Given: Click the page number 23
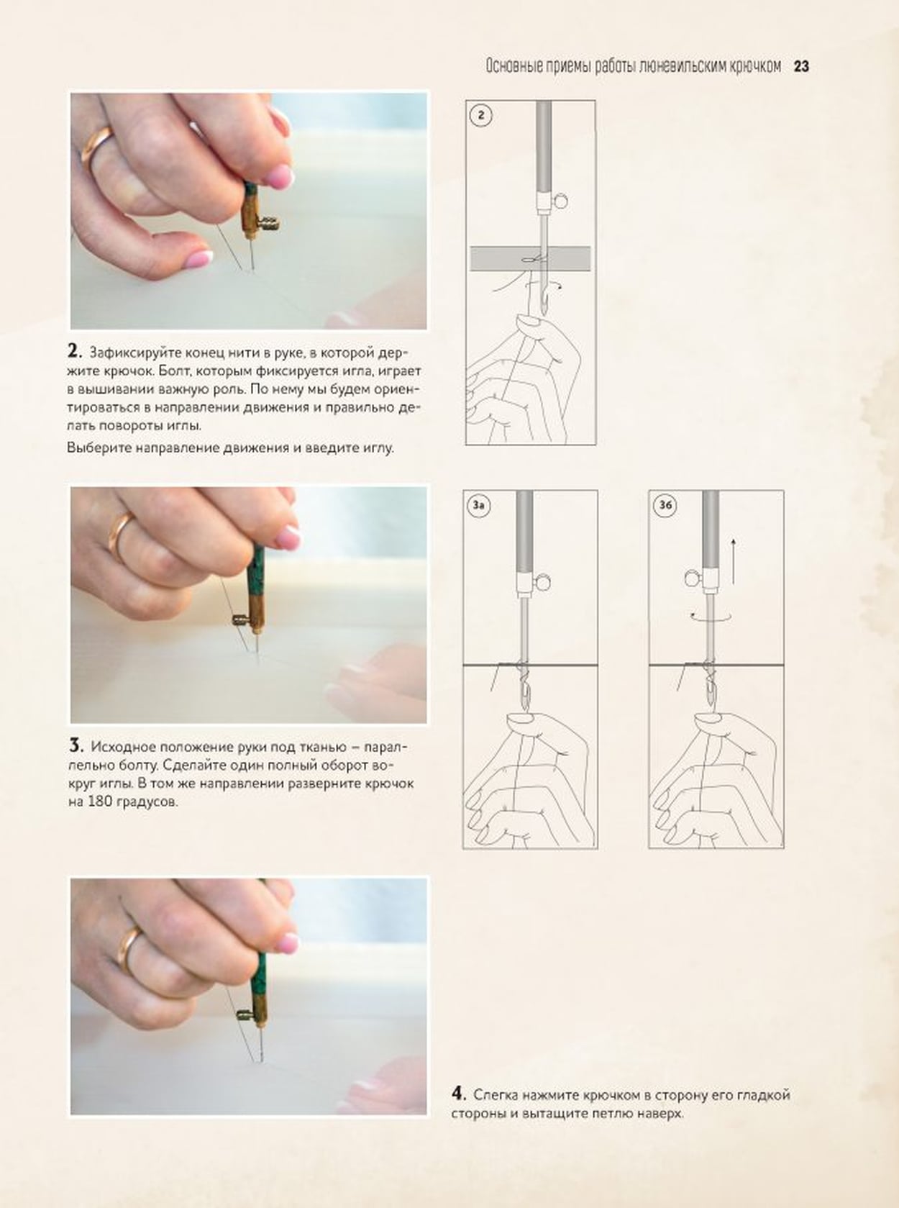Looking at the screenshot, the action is [801, 66].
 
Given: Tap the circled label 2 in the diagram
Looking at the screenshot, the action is [481, 115].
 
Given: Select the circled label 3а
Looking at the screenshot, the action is [479, 505].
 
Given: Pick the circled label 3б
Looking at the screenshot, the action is [665, 505].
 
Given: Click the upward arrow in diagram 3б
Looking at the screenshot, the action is [734, 561].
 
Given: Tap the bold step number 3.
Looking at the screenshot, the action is [76, 745].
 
